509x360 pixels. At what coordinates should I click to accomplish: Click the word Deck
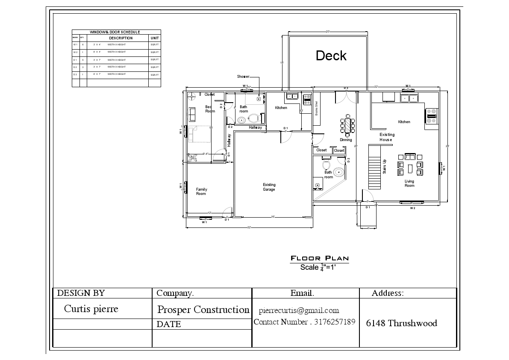pos(331,56)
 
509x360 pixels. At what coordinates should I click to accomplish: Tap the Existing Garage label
pos(269,187)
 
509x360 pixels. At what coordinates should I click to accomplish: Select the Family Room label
pos(201,192)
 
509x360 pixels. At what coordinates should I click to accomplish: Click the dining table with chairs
pos(347,126)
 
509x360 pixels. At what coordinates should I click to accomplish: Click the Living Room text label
pos(409,183)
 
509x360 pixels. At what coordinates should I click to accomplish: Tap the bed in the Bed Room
pos(201,134)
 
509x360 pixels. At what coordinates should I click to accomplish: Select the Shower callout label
pos(243,77)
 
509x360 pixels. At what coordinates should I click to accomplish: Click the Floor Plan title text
pos(320,258)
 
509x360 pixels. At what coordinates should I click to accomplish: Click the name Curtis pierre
pos(91,309)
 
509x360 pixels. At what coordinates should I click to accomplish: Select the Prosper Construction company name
pos(203,310)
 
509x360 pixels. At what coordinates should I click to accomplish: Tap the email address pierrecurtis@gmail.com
pos(299,310)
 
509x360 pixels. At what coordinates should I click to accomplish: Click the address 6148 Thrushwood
pos(401,323)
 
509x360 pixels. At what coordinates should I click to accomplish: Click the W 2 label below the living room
pos(412,208)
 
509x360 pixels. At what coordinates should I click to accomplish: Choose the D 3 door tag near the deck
pos(346,88)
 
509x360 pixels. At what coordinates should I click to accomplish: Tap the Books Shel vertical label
pos(317,109)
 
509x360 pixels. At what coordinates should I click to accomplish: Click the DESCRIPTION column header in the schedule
pos(121,38)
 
